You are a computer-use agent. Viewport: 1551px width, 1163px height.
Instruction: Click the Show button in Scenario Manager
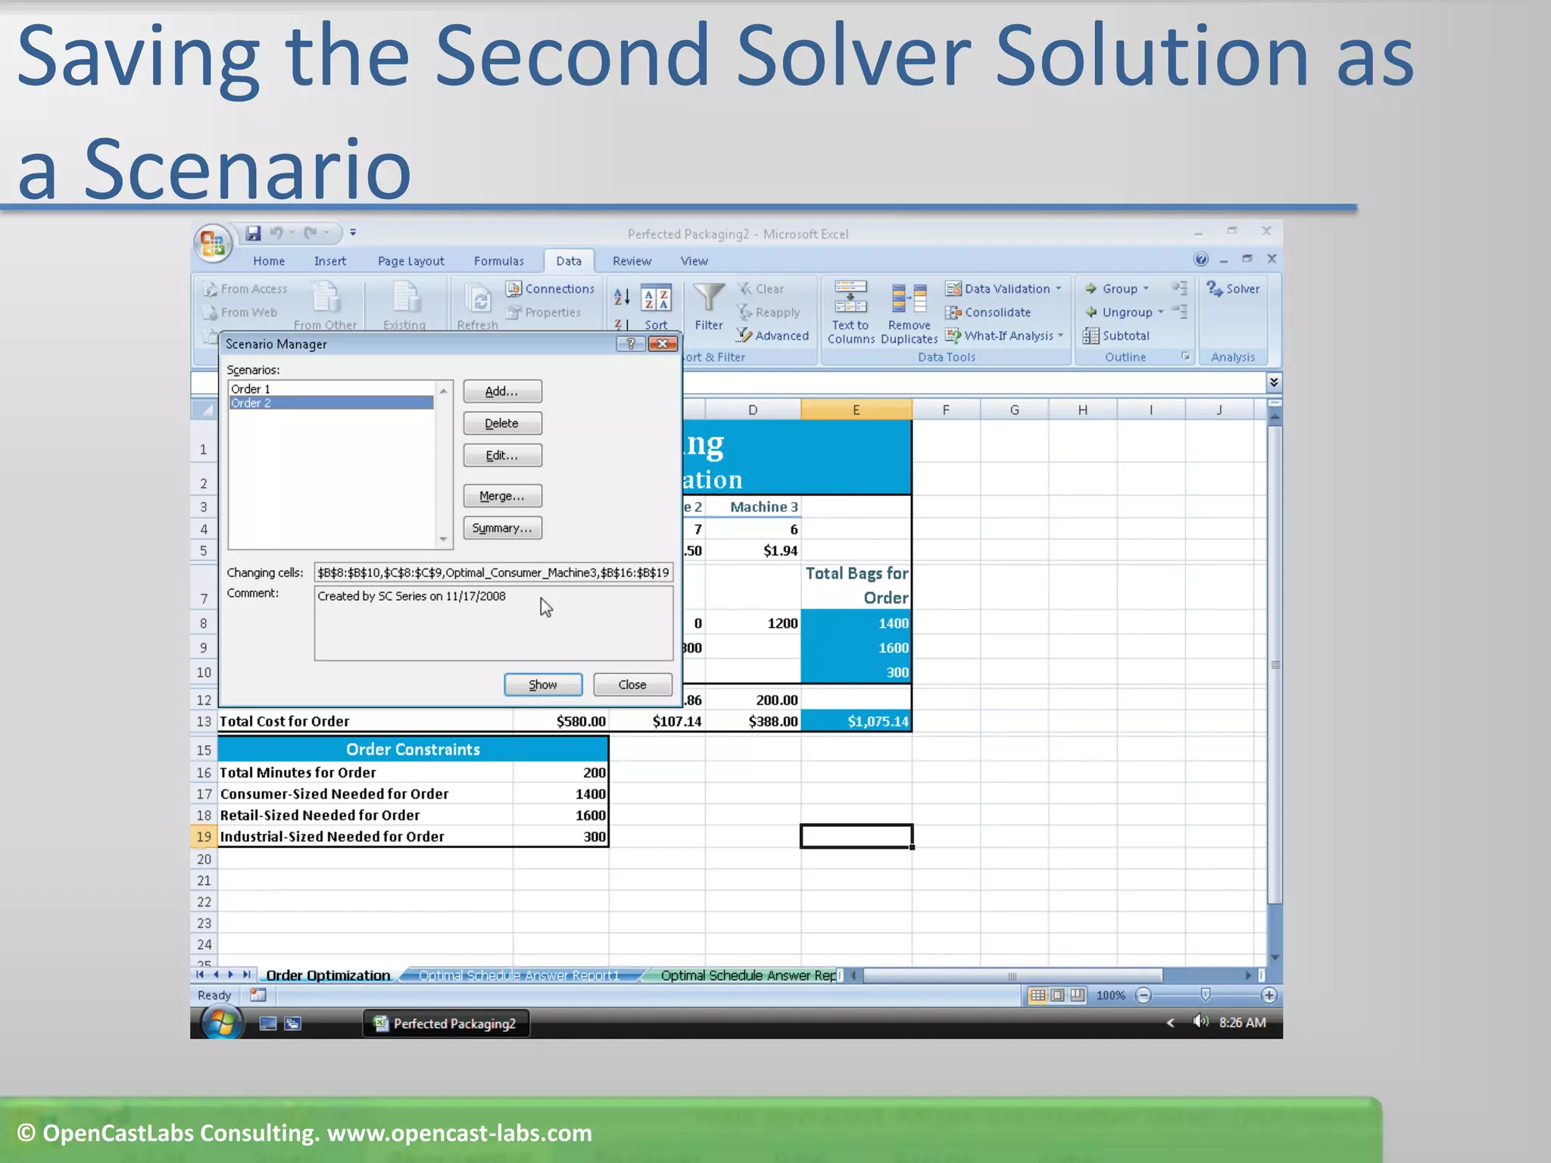point(543,684)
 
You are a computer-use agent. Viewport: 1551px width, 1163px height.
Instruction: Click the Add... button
point(502,391)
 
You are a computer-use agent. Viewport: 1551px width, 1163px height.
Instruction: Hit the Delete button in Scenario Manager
point(502,423)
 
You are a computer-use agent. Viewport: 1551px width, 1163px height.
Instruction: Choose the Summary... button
point(502,528)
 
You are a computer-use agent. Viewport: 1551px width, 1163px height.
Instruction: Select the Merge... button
point(502,496)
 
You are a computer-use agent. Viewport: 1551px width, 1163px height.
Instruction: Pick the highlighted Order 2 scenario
point(330,403)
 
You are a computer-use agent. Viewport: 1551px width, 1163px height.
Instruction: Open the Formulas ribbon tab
point(498,261)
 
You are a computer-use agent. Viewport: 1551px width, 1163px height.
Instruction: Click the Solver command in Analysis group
point(1234,289)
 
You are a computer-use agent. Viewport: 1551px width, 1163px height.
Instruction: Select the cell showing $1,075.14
point(857,722)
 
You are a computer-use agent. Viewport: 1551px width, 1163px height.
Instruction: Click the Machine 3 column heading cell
point(763,507)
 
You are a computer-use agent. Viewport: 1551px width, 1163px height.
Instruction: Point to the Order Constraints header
point(413,750)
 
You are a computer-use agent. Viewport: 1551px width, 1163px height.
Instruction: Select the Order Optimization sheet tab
point(328,975)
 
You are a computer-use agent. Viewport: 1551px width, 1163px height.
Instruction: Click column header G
point(1014,410)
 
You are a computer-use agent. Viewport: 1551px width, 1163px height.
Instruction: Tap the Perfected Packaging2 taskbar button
point(445,1024)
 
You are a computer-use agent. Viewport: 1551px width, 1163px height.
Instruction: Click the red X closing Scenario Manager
point(663,344)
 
